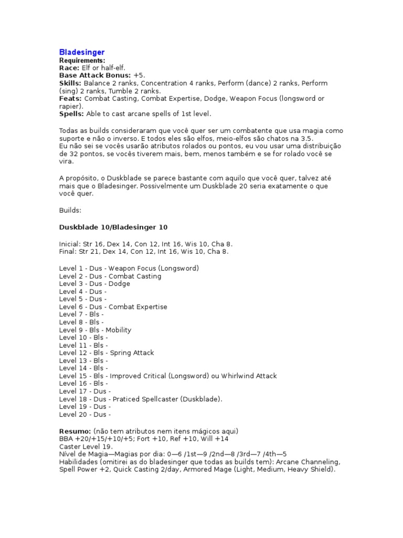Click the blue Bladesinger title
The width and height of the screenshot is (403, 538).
click(81, 52)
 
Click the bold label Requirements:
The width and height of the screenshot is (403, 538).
click(82, 60)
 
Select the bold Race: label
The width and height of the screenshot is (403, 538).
click(69, 68)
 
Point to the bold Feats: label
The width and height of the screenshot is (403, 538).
click(70, 98)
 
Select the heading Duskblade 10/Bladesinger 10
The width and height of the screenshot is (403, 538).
click(113, 226)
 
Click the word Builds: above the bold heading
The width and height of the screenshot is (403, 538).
click(70, 210)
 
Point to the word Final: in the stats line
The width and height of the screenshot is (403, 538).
click(69, 251)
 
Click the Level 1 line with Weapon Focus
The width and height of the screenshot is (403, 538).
click(129, 268)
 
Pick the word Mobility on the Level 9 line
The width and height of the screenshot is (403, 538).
click(119, 330)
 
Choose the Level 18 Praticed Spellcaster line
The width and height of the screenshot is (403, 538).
click(141, 399)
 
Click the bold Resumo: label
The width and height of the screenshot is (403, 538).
click(75, 431)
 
